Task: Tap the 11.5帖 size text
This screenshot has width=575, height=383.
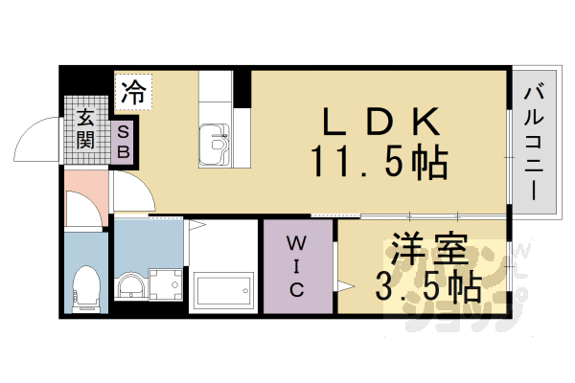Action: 379,163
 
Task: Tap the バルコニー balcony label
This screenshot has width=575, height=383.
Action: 533,144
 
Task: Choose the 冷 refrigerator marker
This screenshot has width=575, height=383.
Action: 132,93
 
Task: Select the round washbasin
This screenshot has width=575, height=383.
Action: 129,284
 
